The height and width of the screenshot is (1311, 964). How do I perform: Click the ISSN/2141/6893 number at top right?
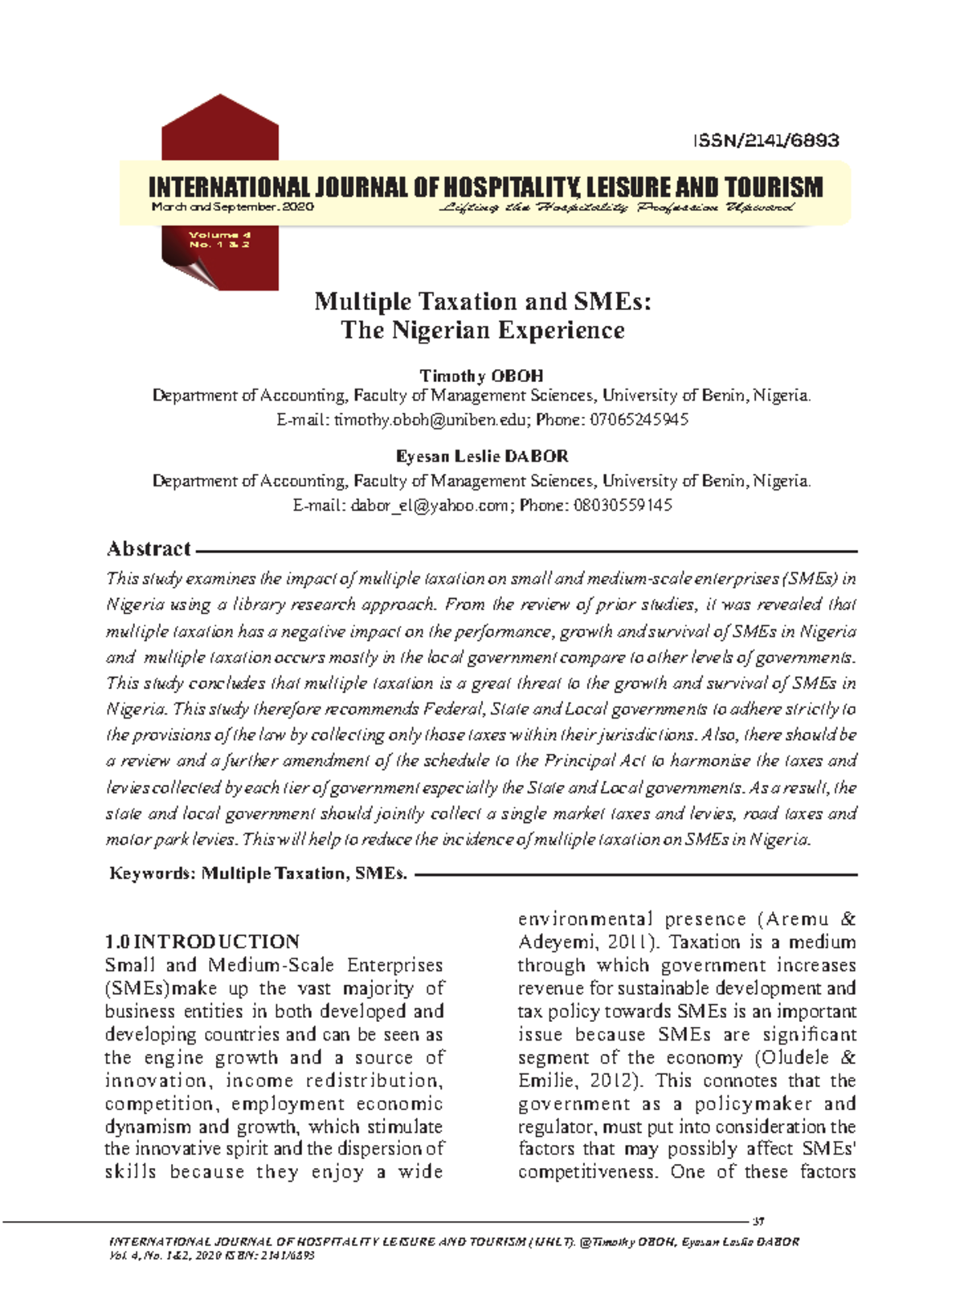[x=766, y=140]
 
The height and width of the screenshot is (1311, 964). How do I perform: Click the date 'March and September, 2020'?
[x=233, y=207]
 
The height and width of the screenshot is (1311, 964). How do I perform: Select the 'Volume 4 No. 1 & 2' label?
[x=219, y=239]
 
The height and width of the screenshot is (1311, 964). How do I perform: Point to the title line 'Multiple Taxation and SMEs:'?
[x=482, y=302]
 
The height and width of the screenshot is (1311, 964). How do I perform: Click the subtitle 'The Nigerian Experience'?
[x=482, y=331]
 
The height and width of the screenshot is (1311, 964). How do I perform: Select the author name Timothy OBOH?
[x=481, y=376]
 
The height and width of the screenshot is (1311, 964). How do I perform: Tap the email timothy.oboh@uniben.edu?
[x=431, y=420]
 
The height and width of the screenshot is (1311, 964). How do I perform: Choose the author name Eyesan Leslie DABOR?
[x=481, y=457]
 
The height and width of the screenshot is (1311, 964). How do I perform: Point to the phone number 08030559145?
[x=622, y=506]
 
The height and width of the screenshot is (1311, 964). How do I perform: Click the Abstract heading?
[x=149, y=549]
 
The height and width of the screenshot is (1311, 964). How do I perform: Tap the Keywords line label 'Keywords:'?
[x=152, y=873]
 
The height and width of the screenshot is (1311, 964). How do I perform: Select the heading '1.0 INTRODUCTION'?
[x=202, y=942]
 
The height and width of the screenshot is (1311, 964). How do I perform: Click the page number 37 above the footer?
[x=758, y=1222]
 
